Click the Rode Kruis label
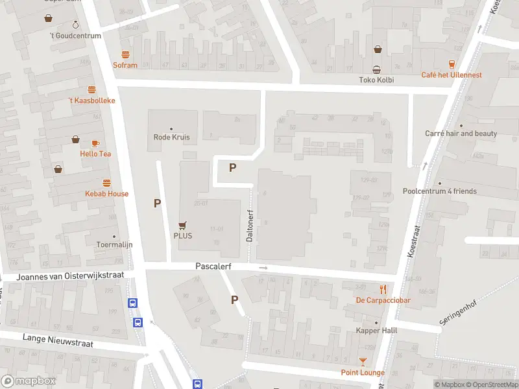click(x=171, y=137)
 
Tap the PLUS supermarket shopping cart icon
click(x=183, y=226)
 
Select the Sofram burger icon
click(x=125, y=55)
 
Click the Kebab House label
click(x=107, y=193)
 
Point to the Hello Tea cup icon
click(x=95, y=143)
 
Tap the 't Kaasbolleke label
click(x=92, y=100)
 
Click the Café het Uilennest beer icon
click(x=452, y=64)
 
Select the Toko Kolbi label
click(x=376, y=80)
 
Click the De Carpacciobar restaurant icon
click(x=383, y=289)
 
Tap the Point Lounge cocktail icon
click(x=363, y=361)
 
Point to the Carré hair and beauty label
click(x=461, y=134)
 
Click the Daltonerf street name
click(x=249, y=226)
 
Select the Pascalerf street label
click(x=213, y=266)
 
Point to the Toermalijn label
click(x=115, y=246)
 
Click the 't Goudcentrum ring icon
click(x=76, y=25)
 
